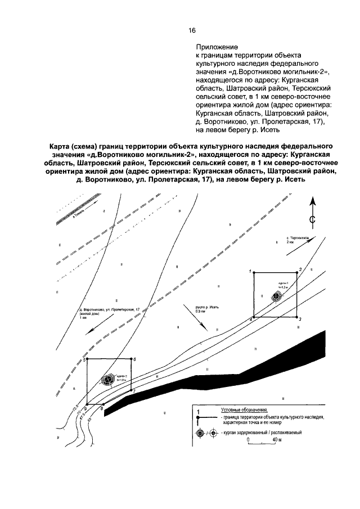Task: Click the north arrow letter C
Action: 312,219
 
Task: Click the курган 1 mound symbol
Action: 276,296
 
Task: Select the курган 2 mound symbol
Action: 106,380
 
